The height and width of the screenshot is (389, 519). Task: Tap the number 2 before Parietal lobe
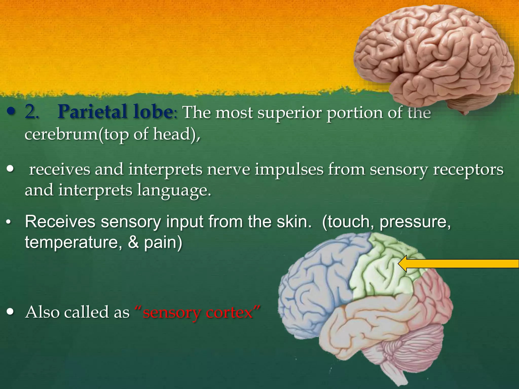tap(31, 112)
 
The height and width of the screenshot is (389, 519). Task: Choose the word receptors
tap(468, 170)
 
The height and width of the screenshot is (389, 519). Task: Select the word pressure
tap(415, 222)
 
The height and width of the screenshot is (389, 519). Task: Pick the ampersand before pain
tap(133, 242)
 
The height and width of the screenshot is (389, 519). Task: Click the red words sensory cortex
tap(198, 312)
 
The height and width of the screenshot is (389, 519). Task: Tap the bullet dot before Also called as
tap(10, 312)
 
